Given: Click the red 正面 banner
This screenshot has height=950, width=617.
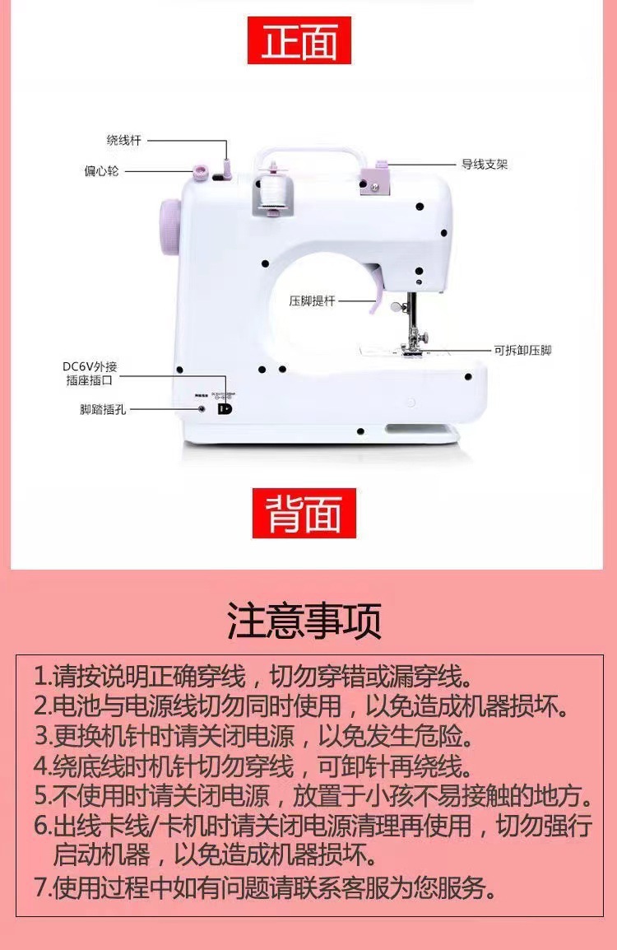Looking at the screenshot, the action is coord(299,40).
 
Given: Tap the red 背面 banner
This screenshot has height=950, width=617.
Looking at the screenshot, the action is coord(304,513).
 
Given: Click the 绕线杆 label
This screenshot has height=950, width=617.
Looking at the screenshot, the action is coord(124,141).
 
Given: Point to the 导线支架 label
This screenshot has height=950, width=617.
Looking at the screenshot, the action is coord(485,165).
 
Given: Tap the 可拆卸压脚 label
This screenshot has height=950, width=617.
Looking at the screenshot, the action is coord(522,350).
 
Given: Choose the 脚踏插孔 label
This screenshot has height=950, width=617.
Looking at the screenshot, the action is coord(104,409).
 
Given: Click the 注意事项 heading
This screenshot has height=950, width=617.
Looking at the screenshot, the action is coord(304,622).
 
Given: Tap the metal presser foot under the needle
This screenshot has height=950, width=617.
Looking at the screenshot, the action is coord(412,346).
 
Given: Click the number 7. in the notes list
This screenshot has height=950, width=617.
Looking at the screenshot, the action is coord(44,888).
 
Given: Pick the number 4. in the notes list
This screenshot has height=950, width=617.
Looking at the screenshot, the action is coord(43,766).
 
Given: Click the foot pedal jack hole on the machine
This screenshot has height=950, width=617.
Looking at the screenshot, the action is coord(202,408).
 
